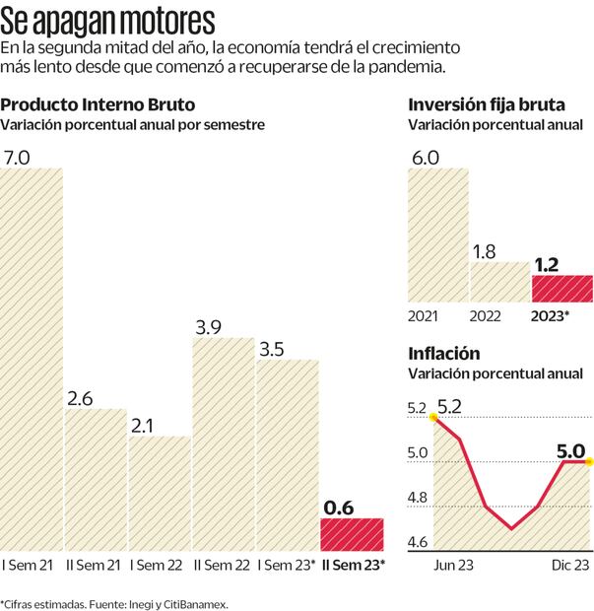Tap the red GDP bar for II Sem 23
[x=352, y=534]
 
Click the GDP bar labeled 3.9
[x=224, y=443]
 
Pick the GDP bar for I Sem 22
[x=160, y=493]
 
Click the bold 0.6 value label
[x=339, y=508]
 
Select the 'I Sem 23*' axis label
[x=286, y=565]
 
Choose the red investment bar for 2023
[x=561, y=289]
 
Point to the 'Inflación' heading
[x=443, y=353]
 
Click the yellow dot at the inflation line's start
[x=432, y=417]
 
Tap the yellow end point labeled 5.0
[x=588, y=460]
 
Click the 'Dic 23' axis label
[x=568, y=565]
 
